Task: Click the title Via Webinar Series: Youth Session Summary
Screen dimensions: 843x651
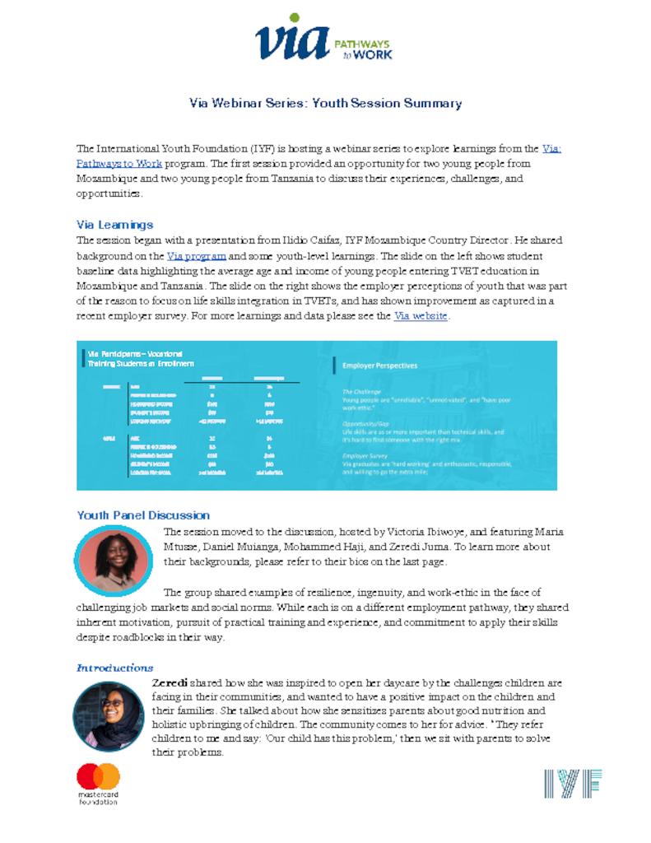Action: (325, 104)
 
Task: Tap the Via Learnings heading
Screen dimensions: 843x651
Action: (114, 224)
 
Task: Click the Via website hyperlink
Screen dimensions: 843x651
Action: (420, 315)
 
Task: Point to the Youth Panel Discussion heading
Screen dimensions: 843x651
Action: (143, 515)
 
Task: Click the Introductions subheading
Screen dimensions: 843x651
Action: (114, 668)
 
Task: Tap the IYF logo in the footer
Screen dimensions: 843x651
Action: (572, 784)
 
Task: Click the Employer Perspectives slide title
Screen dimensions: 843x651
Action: (379, 365)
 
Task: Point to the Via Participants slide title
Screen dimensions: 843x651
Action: (141, 357)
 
